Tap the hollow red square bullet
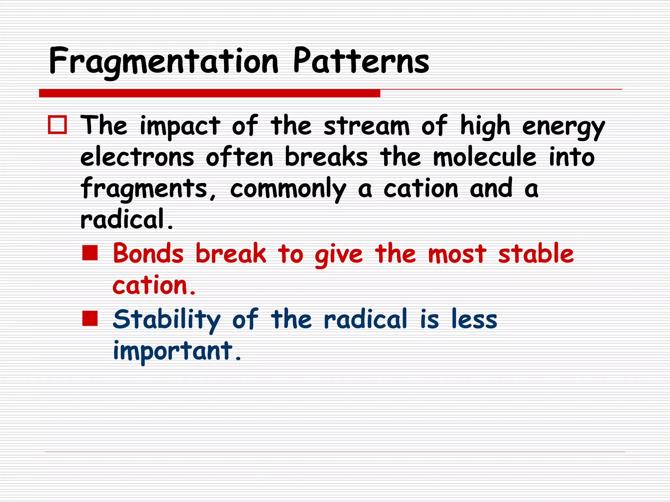(58, 125)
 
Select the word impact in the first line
(180, 126)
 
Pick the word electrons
(137, 157)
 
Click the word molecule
(485, 157)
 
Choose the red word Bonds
(148, 254)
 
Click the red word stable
(536, 254)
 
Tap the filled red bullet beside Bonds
(90, 253)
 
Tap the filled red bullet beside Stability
(90, 318)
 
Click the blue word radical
(365, 319)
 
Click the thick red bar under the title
(209, 93)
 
